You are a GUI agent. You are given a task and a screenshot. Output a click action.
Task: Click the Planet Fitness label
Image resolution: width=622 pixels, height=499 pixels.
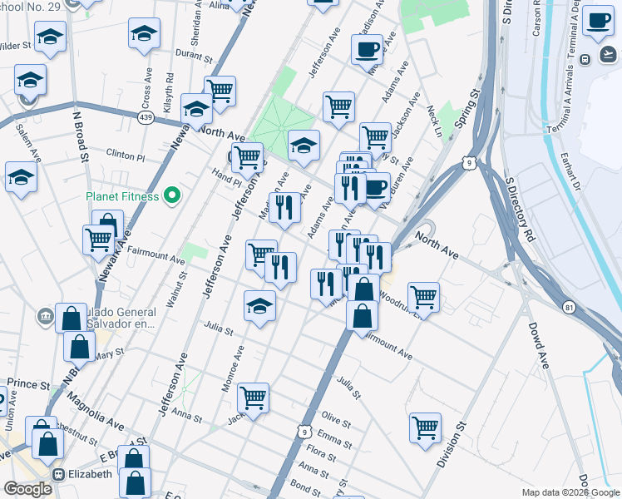[x=124, y=197]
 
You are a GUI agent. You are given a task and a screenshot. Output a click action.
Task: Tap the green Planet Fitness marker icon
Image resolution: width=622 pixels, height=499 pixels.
[x=172, y=197]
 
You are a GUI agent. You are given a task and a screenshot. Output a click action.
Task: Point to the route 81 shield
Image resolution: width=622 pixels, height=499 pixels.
[x=568, y=307]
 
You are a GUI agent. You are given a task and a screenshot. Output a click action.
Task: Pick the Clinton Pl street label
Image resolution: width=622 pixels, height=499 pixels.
[x=126, y=156]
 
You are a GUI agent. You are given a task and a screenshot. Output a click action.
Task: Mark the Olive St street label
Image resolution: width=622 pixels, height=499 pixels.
[x=337, y=417]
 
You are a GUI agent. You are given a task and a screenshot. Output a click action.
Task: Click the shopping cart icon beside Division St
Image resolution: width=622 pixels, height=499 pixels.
[x=425, y=427]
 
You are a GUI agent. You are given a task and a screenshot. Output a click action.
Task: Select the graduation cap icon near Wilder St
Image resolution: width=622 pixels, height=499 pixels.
[x=51, y=37]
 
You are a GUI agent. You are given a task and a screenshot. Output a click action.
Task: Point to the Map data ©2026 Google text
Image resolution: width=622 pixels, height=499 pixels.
[x=570, y=492]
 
